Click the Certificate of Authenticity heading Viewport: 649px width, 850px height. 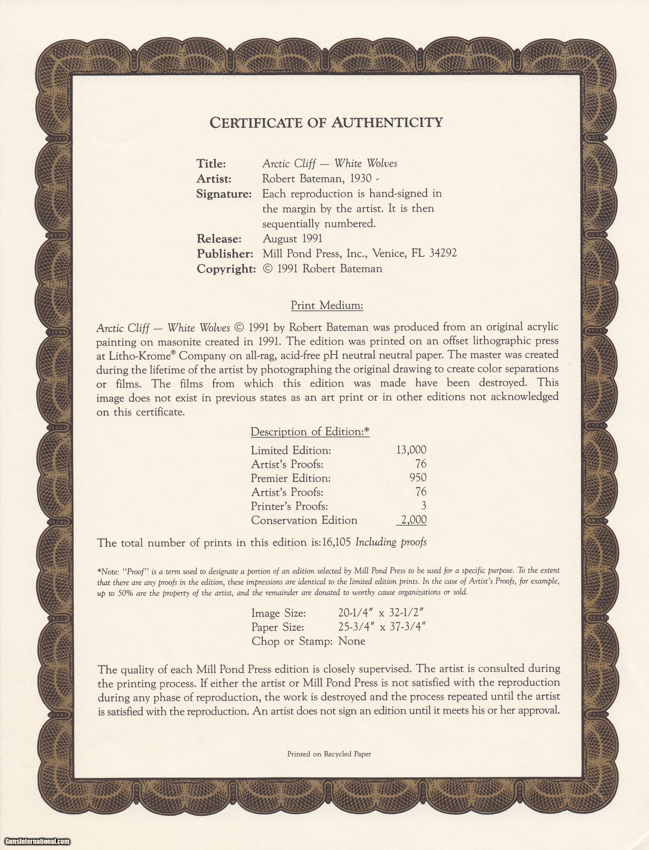point(326,123)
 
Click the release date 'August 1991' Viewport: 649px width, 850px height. point(292,239)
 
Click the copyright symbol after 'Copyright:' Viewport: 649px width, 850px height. point(267,269)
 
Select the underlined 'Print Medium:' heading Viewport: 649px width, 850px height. point(327,305)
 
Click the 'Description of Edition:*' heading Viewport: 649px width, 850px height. point(310,432)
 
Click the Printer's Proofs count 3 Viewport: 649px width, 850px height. point(424,505)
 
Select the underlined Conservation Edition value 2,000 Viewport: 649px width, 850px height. point(413,520)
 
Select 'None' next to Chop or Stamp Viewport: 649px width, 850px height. point(352,641)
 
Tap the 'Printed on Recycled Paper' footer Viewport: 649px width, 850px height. point(329,754)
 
